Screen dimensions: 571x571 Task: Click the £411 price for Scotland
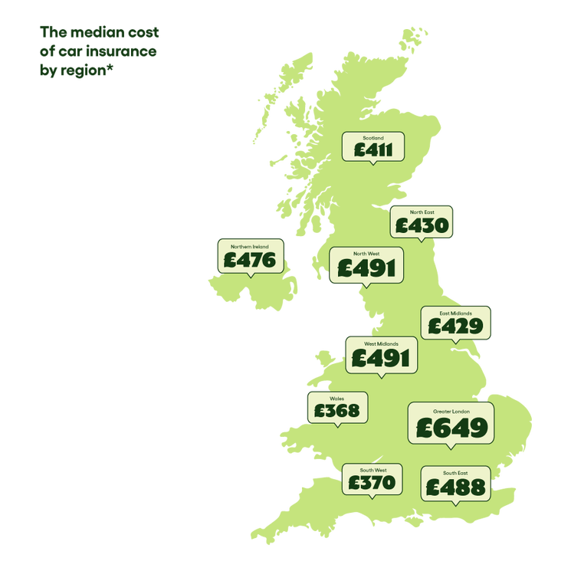(x=373, y=149)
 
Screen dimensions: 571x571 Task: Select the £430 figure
(x=421, y=225)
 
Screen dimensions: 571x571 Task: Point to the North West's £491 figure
(x=366, y=267)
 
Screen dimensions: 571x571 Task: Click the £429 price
(x=455, y=327)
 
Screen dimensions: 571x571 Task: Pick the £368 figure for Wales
(x=336, y=411)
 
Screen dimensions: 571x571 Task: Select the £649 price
(x=450, y=428)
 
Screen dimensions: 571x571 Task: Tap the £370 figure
(x=371, y=482)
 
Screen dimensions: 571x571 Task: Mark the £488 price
(x=455, y=487)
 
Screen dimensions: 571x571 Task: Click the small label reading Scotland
(x=373, y=138)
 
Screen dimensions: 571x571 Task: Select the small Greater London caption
(x=450, y=412)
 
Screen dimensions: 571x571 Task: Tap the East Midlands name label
(x=455, y=313)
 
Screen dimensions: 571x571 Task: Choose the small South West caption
(x=371, y=470)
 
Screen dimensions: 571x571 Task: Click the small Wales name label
(x=336, y=399)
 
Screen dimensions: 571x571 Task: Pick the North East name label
(x=421, y=212)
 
